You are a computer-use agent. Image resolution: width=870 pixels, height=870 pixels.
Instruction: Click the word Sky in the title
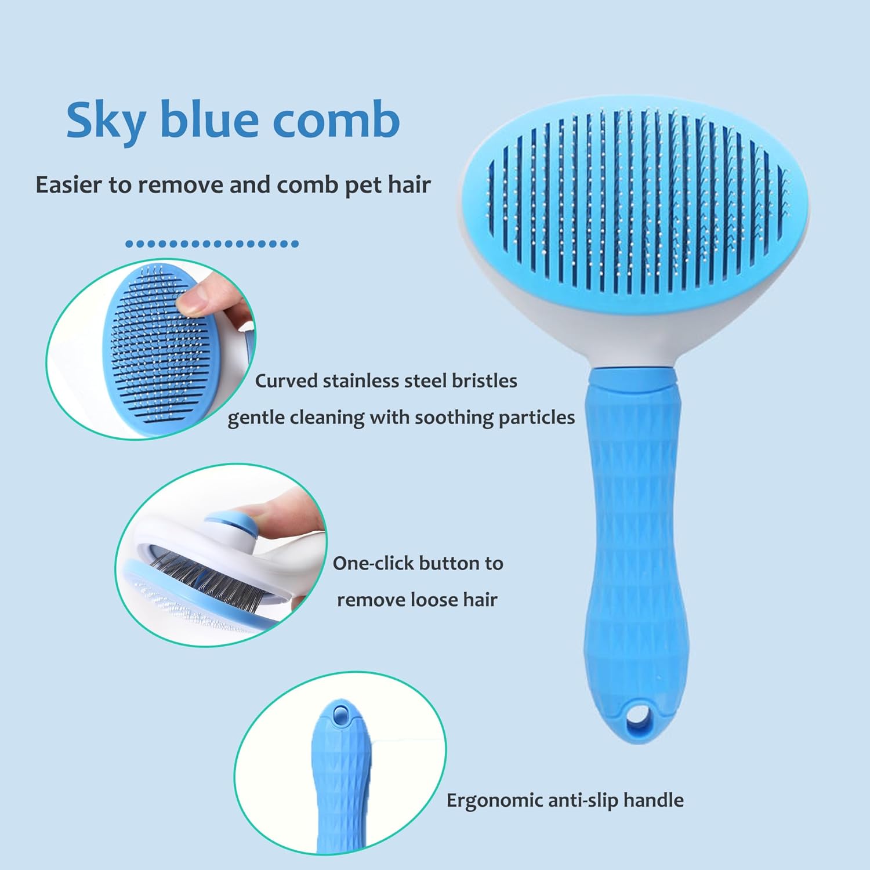coord(106,120)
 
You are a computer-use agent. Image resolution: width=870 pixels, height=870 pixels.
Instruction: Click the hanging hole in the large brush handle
coord(637,716)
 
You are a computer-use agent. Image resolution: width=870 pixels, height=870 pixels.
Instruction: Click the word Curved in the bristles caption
coord(286,381)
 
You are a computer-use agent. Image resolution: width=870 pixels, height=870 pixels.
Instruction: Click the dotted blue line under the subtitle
coord(212,244)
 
